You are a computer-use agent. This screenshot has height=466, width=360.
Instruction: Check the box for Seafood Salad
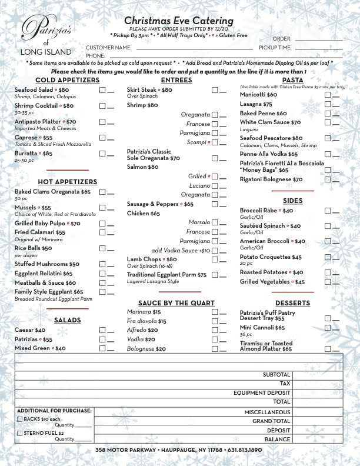click(x=102, y=90)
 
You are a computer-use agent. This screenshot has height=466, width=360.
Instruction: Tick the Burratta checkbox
click(x=102, y=154)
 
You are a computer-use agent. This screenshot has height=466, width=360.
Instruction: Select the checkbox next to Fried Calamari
click(x=102, y=232)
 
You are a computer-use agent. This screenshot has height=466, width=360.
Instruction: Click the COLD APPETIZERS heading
click(x=59, y=80)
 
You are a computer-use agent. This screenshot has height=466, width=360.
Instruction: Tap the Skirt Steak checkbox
click(x=215, y=90)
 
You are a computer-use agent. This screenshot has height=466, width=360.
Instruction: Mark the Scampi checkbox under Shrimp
click(x=215, y=142)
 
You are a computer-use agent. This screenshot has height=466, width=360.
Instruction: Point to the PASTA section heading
click(x=292, y=80)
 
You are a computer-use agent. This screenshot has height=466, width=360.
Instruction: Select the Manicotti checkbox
click(x=328, y=95)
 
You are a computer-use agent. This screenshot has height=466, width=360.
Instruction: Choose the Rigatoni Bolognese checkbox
click(x=328, y=179)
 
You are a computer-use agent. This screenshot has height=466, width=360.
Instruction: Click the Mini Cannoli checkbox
click(x=328, y=328)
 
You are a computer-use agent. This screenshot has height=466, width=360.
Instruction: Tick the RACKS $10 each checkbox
click(x=20, y=420)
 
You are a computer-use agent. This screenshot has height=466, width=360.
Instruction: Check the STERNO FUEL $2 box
click(x=20, y=434)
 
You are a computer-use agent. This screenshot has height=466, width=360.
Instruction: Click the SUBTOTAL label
click(x=276, y=375)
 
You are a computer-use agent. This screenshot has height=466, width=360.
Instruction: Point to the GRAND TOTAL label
click(x=271, y=421)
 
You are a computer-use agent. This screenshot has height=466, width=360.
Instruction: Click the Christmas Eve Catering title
click(x=179, y=21)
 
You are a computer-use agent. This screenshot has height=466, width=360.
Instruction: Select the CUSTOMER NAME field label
click(x=108, y=47)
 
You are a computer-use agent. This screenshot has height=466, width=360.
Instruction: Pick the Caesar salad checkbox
click(x=102, y=330)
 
